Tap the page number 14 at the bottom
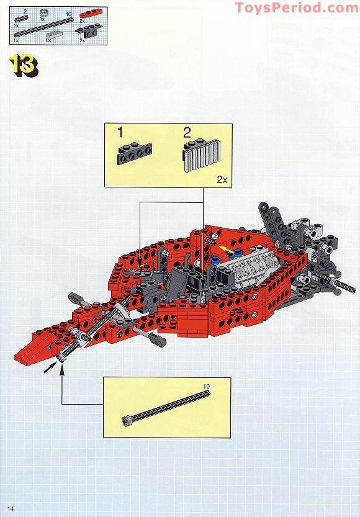(x=11, y=510)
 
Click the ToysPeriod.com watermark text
(x=296, y=8)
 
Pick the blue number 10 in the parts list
(x=68, y=13)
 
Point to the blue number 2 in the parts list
(x=25, y=11)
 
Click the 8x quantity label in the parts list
(x=48, y=38)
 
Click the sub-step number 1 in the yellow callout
(x=120, y=132)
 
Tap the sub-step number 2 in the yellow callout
(x=187, y=132)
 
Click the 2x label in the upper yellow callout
(x=222, y=179)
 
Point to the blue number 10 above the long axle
(x=206, y=386)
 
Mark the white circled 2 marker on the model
(x=214, y=236)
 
